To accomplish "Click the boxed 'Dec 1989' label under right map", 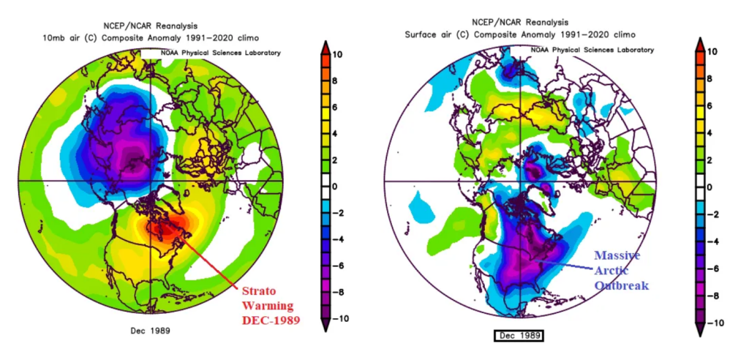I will (x=520, y=336).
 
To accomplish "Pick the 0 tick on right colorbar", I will (x=710, y=187).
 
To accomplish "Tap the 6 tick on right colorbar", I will (x=710, y=108).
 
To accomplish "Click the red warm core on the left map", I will (x=170, y=229).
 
